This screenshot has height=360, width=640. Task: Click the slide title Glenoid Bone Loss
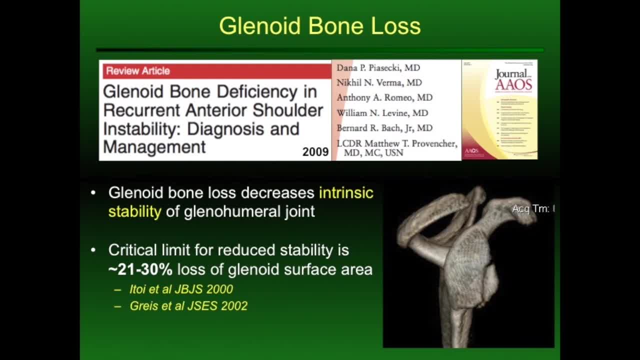pyautogui.click(x=319, y=26)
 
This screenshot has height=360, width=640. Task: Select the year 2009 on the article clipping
pyautogui.click(x=315, y=152)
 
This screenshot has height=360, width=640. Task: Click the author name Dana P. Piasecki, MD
pyautogui.click(x=378, y=67)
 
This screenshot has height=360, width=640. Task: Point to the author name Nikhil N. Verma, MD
pyautogui.click(x=379, y=82)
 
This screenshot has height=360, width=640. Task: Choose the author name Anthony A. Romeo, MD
pyautogui.click(x=384, y=97)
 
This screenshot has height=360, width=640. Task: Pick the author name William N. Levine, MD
pyautogui.click(x=382, y=113)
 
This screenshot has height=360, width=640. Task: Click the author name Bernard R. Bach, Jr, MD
pyautogui.click(x=384, y=128)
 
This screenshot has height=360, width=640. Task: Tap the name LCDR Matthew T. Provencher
pyautogui.click(x=396, y=143)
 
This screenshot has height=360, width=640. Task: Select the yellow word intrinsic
pyautogui.click(x=346, y=192)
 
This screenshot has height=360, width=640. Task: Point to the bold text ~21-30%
pyautogui.click(x=140, y=269)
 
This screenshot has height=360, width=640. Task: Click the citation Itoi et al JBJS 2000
pyautogui.click(x=181, y=289)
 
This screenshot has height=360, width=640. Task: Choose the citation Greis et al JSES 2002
pyautogui.click(x=188, y=306)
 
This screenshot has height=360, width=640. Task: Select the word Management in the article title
pyautogui.click(x=154, y=147)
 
